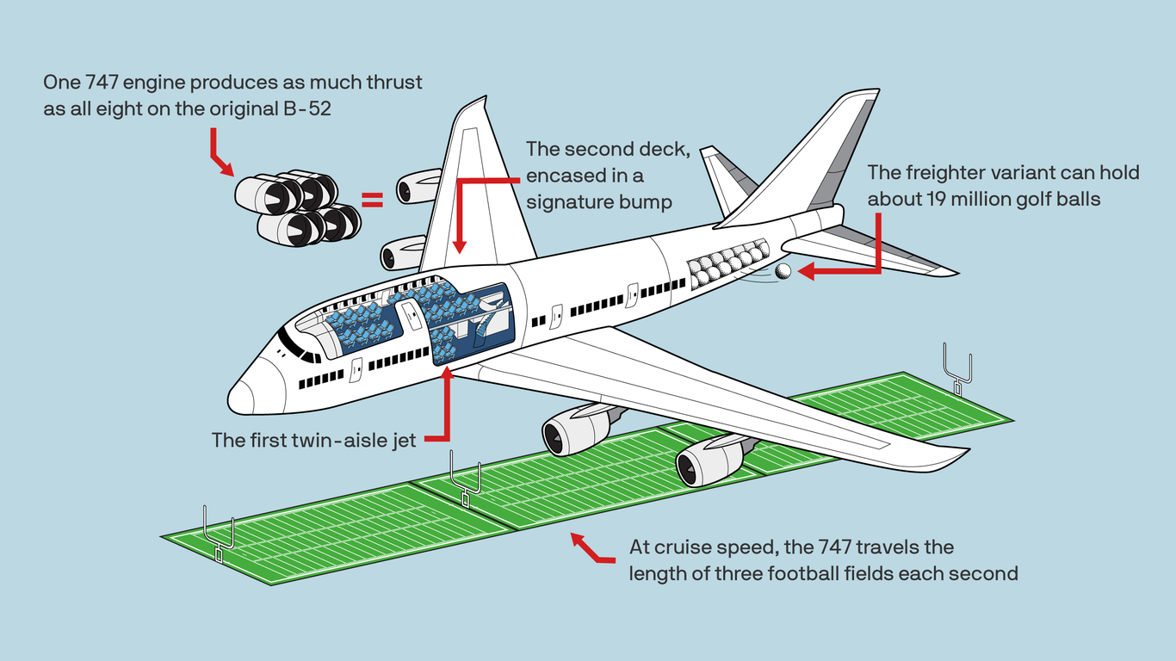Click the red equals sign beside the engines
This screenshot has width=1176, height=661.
tap(371, 201)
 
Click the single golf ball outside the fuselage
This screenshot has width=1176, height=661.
tap(783, 271)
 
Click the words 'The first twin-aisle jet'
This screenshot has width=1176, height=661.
tap(313, 440)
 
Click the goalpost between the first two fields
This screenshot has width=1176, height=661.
tap(466, 482)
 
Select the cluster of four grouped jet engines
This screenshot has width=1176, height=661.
tap(297, 207)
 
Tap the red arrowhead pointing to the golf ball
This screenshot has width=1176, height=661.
tap(806, 272)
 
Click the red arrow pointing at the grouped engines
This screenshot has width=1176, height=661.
tap(220, 155)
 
